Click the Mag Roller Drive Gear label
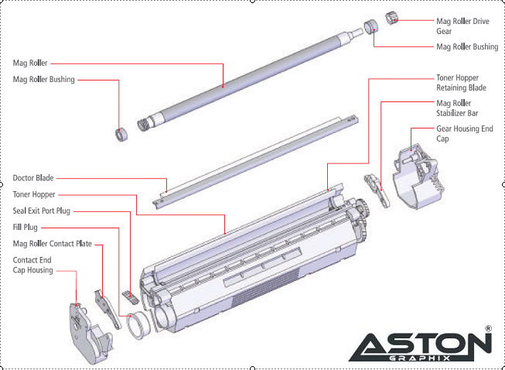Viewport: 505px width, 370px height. [462, 26]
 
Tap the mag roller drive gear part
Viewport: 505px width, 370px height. [392, 18]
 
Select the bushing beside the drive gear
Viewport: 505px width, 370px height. [371, 26]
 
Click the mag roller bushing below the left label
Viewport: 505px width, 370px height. [121, 135]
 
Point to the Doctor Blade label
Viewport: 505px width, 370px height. [33, 178]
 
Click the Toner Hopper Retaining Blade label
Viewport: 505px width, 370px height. [461, 83]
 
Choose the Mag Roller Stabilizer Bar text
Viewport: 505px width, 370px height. [457, 108]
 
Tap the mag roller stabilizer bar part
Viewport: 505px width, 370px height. [377, 190]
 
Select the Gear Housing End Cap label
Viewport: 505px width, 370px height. [465, 133]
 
